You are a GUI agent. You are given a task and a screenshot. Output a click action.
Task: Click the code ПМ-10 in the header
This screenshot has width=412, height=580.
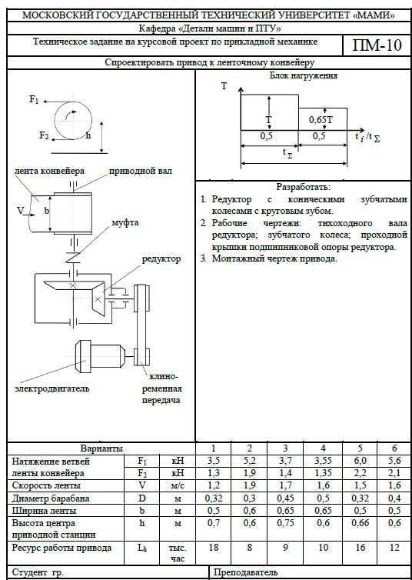[376, 46]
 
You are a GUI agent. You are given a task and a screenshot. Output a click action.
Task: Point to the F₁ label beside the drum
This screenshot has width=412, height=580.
[34, 99]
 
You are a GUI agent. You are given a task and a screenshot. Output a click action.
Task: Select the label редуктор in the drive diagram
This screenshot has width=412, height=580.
[161, 258]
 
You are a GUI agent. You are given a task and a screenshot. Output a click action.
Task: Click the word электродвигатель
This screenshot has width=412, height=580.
[52, 388]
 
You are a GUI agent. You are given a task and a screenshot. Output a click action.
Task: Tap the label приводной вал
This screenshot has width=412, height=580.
[141, 171]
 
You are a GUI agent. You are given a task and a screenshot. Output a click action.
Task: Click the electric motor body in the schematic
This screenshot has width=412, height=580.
[99, 356]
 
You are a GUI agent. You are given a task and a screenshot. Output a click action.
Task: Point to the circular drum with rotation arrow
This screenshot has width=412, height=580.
[73, 121]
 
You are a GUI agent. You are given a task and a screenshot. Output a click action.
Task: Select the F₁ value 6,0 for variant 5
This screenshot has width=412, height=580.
[360, 461]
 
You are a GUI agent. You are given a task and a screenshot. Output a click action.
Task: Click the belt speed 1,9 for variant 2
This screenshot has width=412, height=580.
[249, 485]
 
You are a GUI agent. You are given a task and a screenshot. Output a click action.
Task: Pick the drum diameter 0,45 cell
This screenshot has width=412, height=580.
[285, 498]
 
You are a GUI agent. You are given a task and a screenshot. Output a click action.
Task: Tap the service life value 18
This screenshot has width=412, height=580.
[213, 548]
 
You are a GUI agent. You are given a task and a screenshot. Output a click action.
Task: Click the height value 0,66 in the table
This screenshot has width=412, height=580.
[360, 523]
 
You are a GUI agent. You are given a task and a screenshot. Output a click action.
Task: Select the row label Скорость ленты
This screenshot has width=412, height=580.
[47, 485]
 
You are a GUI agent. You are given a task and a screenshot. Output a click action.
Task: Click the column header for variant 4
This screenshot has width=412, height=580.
[323, 448]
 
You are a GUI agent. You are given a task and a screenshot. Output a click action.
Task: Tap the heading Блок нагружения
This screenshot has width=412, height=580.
[304, 76]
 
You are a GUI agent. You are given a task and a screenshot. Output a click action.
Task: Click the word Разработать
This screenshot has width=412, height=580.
[304, 186]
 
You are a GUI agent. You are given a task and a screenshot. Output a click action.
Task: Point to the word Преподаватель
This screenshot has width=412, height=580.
[246, 573]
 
